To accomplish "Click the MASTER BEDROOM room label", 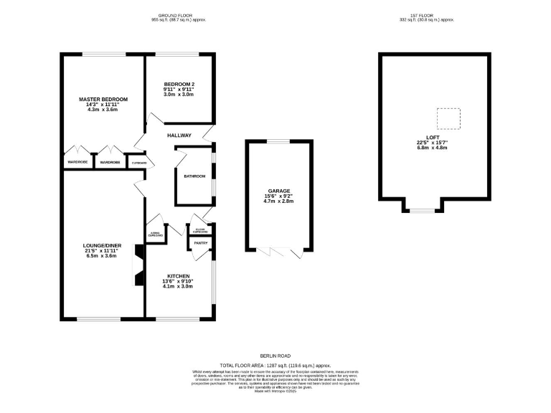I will (103, 98).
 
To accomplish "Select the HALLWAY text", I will (179, 135).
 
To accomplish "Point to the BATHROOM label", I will (194, 176).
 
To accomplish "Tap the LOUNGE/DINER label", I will (101, 245).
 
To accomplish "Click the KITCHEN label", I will (179, 276).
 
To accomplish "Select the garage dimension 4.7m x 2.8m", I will (280, 203).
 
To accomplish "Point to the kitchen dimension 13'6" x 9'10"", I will (179, 282).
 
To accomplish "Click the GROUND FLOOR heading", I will (178, 15).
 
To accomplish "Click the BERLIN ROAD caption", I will (276, 356).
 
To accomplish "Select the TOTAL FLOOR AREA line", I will (276, 364).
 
